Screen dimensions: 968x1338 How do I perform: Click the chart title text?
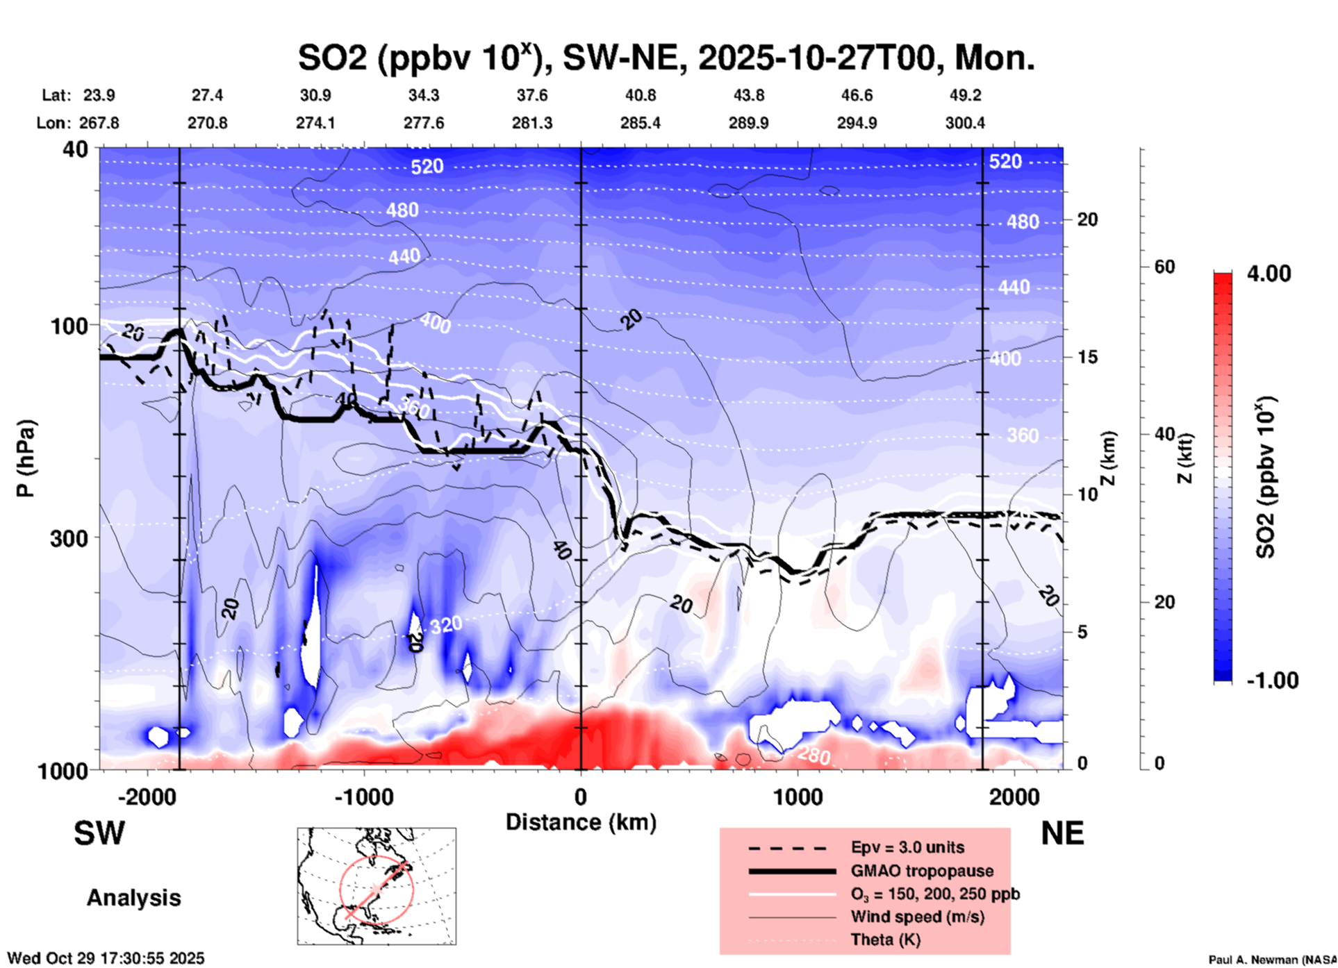pos(666,58)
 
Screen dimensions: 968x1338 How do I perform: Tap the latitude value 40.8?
pos(640,95)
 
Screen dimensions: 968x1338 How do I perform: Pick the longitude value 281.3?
pos(532,123)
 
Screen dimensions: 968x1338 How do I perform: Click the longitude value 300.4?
pos(965,123)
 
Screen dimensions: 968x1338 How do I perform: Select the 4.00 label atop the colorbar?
pos(1269,274)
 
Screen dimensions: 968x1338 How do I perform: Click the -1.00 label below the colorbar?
pos(1272,681)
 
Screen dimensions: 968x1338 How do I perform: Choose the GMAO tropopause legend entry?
pos(922,871)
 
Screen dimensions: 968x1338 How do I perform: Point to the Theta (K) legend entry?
pos(886,940)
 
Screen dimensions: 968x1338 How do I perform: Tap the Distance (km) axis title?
pos(581,822)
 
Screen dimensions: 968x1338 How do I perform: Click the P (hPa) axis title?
pos(26,458)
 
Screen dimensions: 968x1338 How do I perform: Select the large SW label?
pos(99,833)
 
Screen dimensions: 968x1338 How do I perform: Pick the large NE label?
pos(1062,833)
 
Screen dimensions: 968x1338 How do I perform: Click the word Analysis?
pos(133,898)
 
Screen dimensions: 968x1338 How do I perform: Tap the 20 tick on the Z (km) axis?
pos(1087,220)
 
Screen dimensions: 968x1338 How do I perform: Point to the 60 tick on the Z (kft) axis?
pos(1164,267)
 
